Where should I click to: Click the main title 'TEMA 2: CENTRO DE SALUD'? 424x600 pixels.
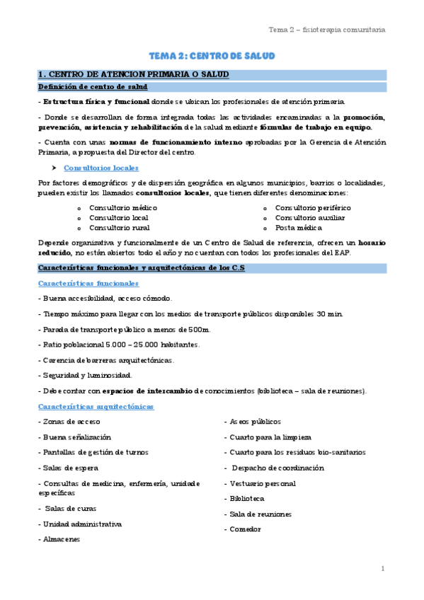[x=212, y=56]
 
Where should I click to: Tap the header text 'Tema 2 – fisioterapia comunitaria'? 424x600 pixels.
[x=326, y=30]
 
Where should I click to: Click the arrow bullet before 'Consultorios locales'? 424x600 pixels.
[x=54, y=168]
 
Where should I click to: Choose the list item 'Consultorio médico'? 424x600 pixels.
[x=123, y=208]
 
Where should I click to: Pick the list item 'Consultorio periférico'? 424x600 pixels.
[x=312, y=208]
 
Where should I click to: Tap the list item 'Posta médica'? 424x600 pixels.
[x=299, y=228]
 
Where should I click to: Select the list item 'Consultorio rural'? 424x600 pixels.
[x=119, y=228]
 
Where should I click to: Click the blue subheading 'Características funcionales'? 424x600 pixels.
[x=88, y=284]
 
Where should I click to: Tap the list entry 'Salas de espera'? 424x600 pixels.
[x=70, y=468]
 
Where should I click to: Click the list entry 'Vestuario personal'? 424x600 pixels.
[x=262, y=483]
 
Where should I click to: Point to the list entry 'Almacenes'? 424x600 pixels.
[x=61, y=539]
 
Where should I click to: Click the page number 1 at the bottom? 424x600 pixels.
[x=382, y=569]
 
